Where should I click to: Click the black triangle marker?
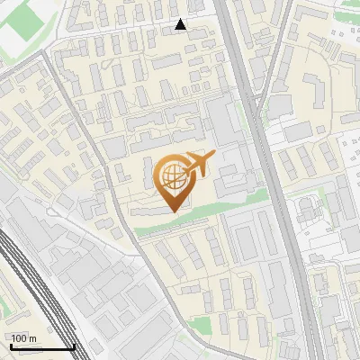point(181,24)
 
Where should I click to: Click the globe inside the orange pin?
point(171,174)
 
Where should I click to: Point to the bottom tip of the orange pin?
point(172,211)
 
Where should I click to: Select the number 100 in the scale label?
point(18,338)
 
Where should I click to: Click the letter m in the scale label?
point(32,338)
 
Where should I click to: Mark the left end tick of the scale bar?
point(10,346)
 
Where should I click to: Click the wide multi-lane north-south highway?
point(270,180)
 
